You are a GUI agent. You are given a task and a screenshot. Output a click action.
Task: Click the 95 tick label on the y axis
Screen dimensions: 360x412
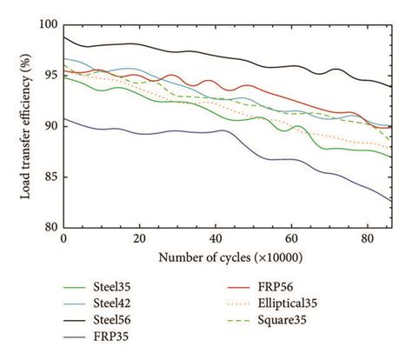coord(50,76)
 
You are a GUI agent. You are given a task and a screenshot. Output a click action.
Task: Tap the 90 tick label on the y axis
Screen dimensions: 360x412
coord(50,126)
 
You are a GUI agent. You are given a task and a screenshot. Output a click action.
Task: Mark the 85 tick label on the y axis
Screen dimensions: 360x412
coord(50,177)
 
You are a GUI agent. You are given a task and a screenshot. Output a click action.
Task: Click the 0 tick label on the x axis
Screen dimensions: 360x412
coord(63,237)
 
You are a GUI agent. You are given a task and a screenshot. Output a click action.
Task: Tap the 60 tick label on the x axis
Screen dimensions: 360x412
coord(290,237)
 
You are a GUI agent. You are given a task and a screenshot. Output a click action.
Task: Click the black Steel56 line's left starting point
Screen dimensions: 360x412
coord(64,37)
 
